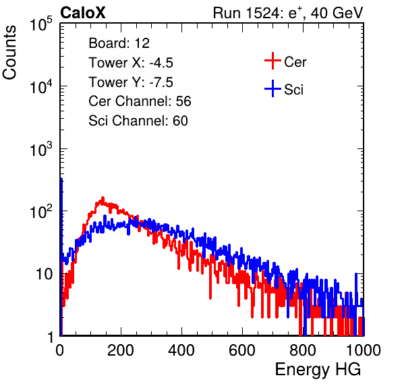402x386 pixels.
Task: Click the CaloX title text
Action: point(82,13)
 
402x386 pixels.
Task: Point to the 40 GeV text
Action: point(337,13)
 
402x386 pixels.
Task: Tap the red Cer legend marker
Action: point(272,61)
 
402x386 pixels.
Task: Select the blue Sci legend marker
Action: point(272,88)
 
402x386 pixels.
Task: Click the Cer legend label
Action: point(295,62)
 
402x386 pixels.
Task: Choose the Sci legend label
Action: point(293,90)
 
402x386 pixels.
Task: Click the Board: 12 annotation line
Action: point(119,43)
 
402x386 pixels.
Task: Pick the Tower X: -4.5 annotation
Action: point(131,63)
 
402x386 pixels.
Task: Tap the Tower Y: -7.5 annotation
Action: point(131,82)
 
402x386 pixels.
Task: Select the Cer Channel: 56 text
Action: point(140,101)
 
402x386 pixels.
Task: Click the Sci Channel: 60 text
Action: point(138,121)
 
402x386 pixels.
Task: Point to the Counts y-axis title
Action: point(9,53)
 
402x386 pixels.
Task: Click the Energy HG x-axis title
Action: point(318,370)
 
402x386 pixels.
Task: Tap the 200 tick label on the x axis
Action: point(121,350)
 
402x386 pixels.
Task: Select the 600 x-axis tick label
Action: point(242,350)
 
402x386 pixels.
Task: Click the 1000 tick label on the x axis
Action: point(364,350)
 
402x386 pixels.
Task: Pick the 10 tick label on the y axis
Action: point(44,274)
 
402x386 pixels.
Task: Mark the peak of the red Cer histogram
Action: point(103,198)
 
